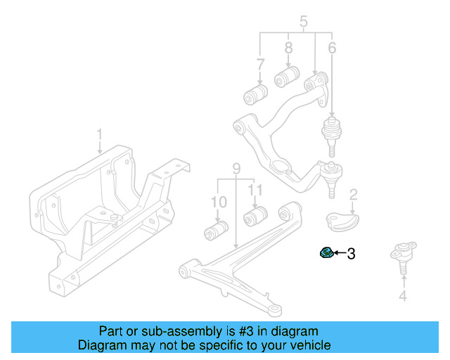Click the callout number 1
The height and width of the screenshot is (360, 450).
99,134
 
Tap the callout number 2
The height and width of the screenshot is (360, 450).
354,193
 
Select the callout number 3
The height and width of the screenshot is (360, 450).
351,253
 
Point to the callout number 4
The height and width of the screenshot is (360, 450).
403,296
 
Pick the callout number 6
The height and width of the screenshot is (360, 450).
332,49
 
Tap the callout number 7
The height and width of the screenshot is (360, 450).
260,65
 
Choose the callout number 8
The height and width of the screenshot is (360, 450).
288,49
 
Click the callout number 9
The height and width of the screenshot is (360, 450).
236,169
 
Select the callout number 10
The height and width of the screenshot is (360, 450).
219,202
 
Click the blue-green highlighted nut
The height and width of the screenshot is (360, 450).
326,252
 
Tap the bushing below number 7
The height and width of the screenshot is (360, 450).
254,94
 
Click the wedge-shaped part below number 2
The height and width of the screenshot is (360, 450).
342,220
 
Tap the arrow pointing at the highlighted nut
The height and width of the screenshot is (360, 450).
339,253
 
